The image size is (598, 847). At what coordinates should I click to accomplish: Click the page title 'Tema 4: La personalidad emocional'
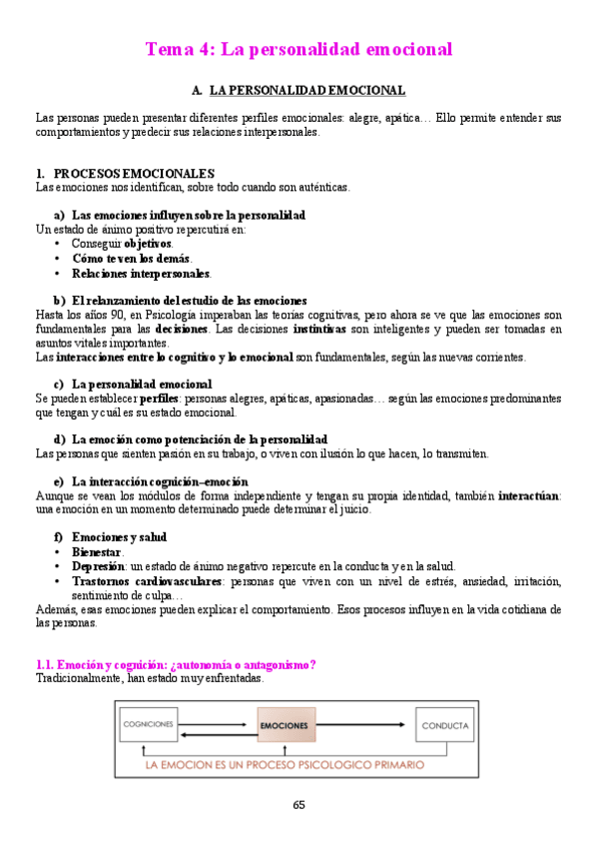click(299, 49)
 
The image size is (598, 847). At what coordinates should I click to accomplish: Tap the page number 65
click(299, 805)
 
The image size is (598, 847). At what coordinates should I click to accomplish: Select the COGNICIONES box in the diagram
click(148, 724)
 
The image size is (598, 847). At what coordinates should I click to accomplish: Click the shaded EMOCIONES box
click(285, 724)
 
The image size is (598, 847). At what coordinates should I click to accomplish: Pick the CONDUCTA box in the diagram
click(444, 725)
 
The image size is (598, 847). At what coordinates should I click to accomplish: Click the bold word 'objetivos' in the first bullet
click(148, 243)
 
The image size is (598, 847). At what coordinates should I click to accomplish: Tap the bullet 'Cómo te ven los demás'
click(132, 258)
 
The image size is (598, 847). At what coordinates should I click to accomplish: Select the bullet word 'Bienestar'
click(97, 551)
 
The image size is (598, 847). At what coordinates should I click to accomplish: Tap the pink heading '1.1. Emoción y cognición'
click(175, 664)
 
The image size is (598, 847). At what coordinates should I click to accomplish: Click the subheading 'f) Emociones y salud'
click(110, 536)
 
